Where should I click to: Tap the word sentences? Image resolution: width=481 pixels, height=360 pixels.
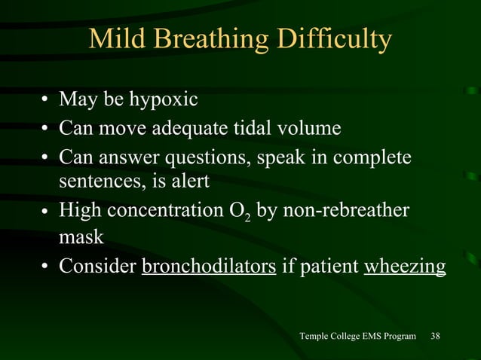(95, 182)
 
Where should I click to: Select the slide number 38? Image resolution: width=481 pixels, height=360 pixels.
(436, 336)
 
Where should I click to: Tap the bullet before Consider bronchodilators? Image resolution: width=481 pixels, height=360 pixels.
(46, 267)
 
